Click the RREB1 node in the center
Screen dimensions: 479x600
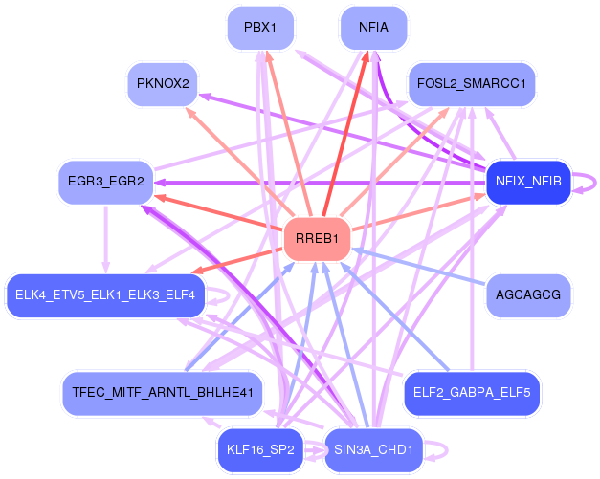318,239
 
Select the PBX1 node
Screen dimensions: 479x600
259,28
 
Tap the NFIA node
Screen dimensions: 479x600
373,28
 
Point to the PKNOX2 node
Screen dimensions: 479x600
163,84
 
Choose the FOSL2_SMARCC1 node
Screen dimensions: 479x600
472,84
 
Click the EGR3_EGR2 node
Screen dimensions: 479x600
106,181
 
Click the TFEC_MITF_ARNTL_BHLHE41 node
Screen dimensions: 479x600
162,392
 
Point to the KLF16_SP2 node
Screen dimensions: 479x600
260,449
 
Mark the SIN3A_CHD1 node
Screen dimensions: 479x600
373,449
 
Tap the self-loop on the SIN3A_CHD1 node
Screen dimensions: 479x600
437,449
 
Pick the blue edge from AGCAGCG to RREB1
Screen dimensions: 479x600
421,267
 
